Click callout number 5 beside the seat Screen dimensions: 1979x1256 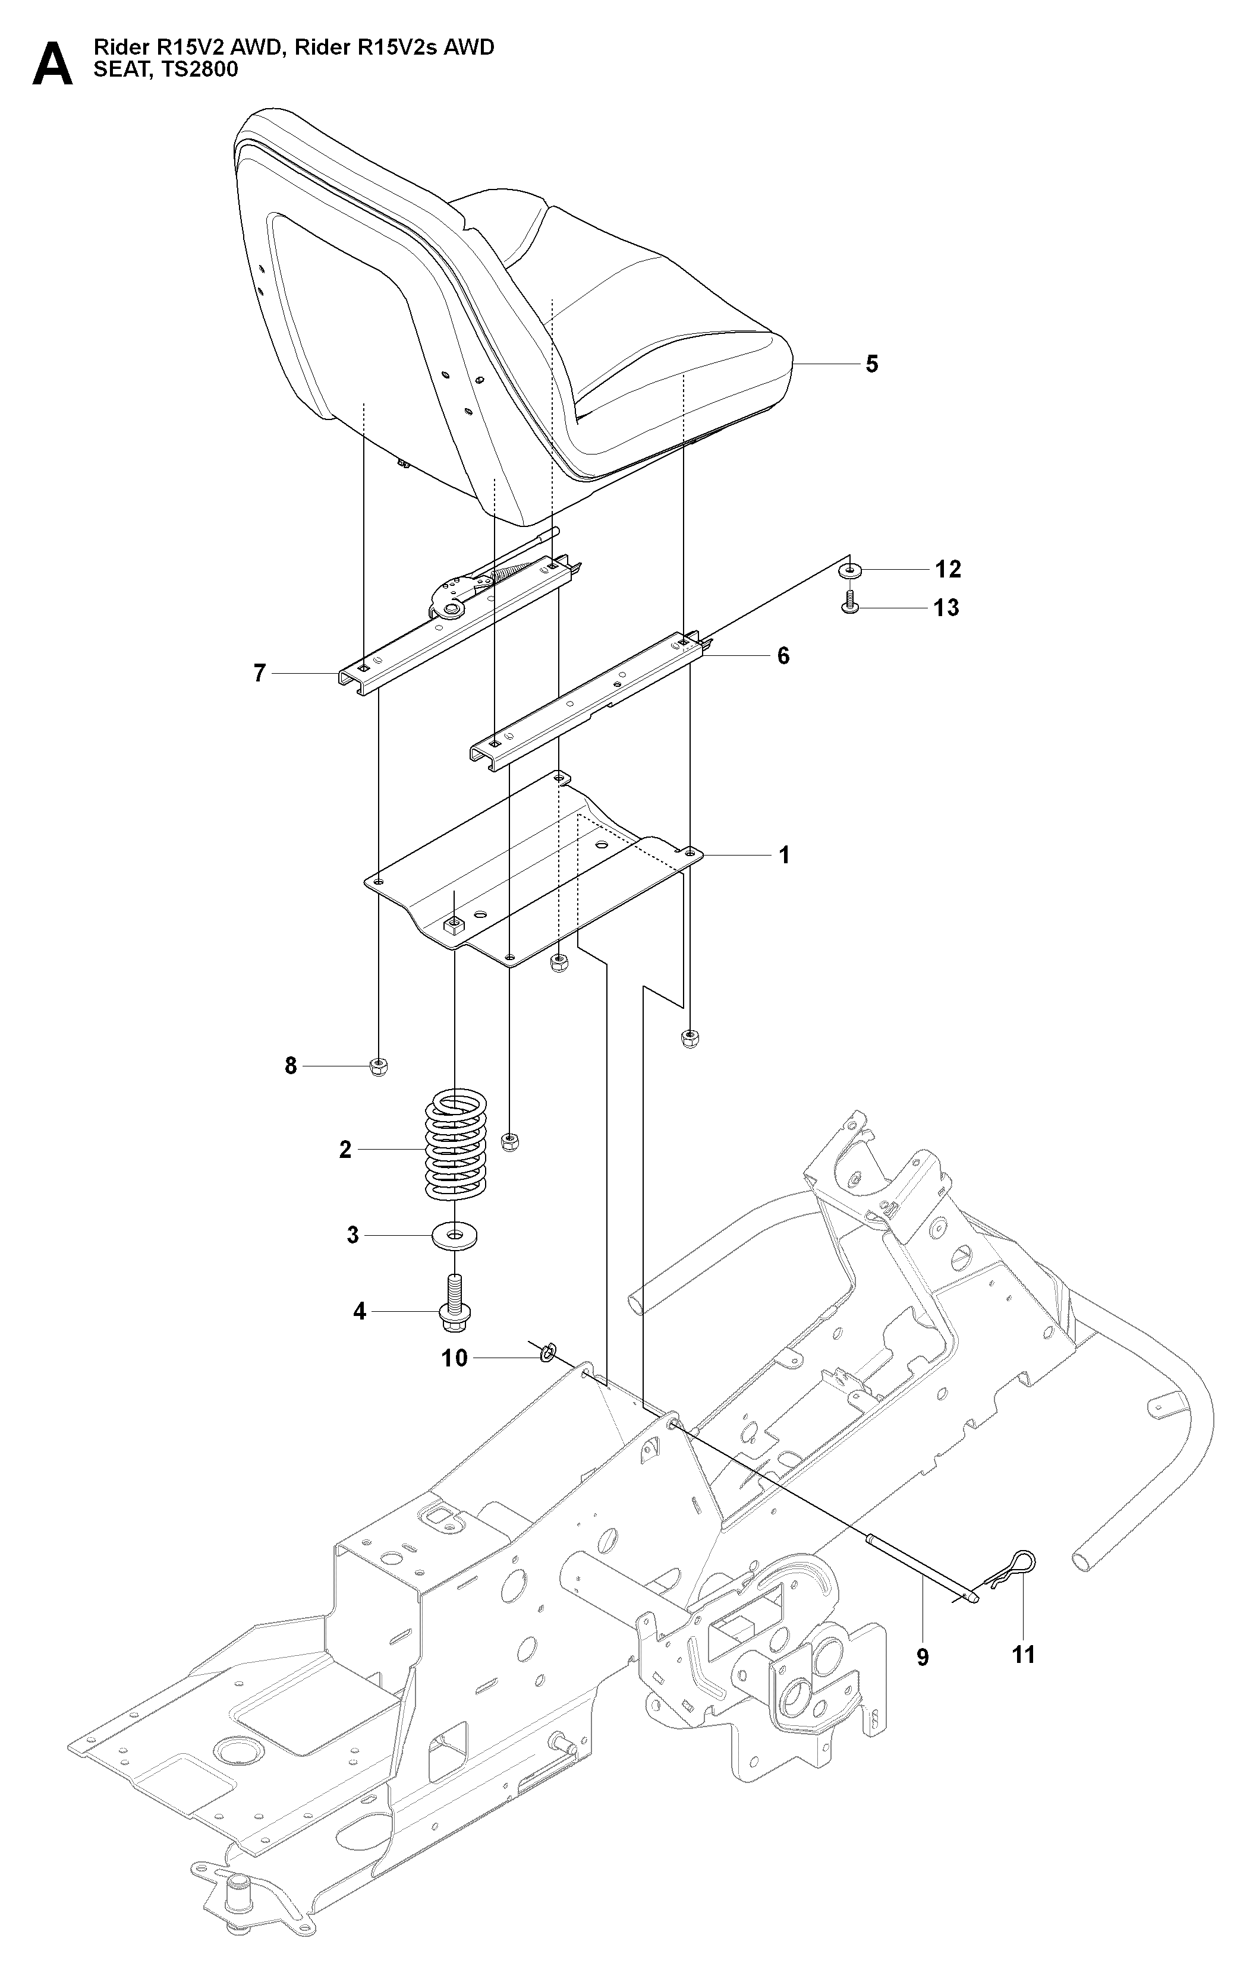(872, 364)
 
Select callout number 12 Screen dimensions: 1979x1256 (947, 569)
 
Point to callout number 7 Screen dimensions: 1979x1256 (260, 674)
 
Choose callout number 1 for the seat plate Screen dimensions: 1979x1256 (784, 856)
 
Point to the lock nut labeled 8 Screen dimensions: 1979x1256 (378, 1067)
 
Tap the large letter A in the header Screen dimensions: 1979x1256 (52, 64)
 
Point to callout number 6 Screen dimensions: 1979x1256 (783, 656)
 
